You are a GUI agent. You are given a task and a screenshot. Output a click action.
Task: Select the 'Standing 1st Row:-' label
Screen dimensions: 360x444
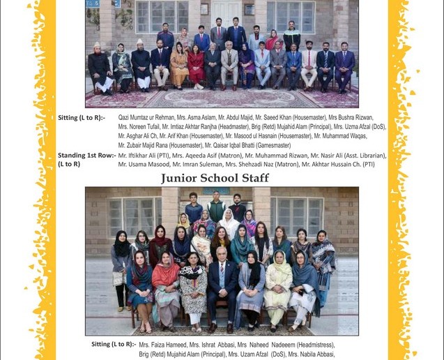click(87, 155)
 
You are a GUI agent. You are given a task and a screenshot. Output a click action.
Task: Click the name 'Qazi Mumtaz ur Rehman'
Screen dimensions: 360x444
click(144, 118)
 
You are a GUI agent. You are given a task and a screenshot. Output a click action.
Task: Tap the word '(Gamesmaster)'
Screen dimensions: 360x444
click(254, 145)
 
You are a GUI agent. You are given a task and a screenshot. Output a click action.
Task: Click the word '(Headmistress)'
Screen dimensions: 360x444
click(310, 345)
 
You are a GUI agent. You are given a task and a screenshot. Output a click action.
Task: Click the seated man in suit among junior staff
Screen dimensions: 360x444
click(222, 286)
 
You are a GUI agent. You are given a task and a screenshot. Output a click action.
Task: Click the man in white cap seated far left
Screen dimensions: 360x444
click(100, 66)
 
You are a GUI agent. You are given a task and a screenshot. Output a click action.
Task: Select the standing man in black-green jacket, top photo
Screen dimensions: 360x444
click(291, 36)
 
